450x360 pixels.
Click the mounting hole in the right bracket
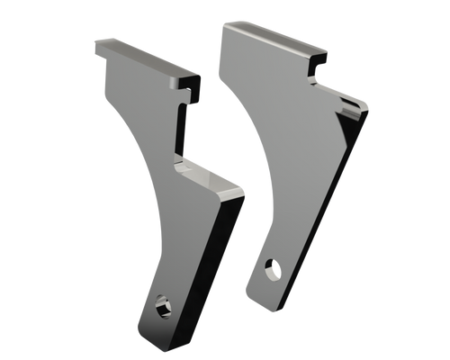click(272, 266)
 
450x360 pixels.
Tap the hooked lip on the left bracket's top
click(190, 84)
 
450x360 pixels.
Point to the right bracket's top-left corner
click(222, 23)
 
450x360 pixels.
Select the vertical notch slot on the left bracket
click(183, 130)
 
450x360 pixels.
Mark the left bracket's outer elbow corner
click(243, 190)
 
